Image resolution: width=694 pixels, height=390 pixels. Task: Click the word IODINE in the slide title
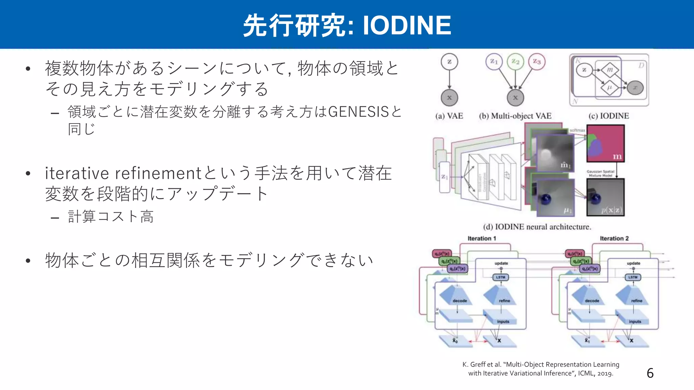point(407,25)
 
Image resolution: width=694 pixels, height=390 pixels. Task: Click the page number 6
point(650,373)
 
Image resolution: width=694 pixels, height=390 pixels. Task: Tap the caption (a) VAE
point(449,116)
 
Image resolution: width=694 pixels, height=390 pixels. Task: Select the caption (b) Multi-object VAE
point(515,116)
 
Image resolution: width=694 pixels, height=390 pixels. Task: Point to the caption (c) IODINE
point(609,116)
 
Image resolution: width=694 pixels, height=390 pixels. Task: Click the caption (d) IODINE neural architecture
point(537,227)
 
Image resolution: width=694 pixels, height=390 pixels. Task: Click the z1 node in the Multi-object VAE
point(494,62)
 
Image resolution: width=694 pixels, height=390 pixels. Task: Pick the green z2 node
point(515,62)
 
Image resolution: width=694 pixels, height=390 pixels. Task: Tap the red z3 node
point(537,62)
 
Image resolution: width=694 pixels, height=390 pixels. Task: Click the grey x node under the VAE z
point(449,97)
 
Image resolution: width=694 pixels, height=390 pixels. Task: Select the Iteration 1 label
point(482,238)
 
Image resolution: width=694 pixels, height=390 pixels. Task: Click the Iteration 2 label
point(614,238)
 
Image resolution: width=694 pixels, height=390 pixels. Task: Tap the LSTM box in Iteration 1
point(501,277)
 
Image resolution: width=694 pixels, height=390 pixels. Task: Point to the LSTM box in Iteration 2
point(633,277)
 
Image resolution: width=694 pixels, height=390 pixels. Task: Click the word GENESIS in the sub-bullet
point(358,112)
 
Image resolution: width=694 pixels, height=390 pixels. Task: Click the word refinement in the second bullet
point(158,173)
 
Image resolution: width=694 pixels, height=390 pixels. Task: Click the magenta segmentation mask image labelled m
point(605,143)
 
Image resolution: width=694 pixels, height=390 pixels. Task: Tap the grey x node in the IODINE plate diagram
point(635,88)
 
